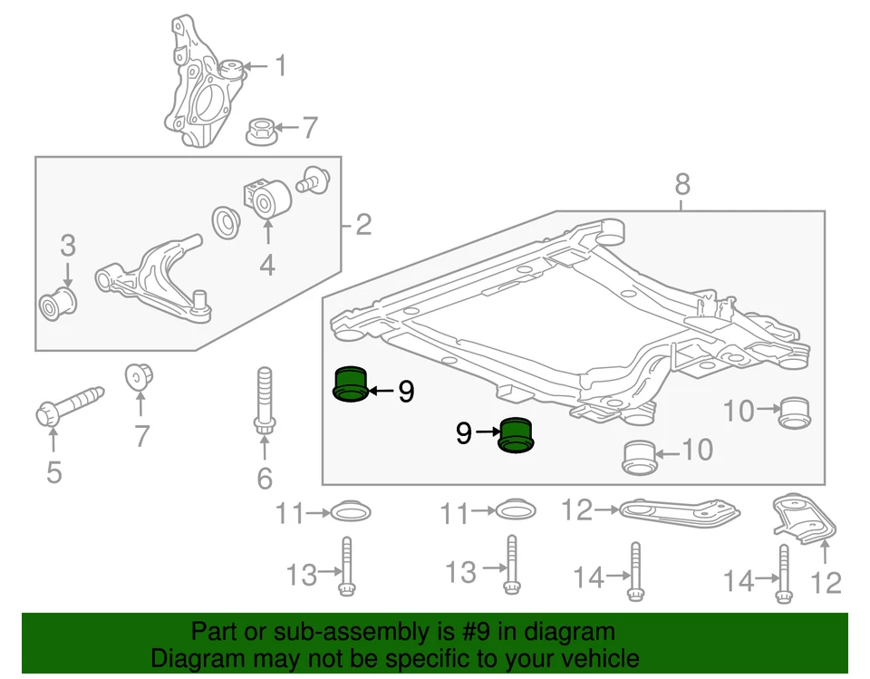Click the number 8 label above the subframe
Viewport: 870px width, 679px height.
coord(682,185)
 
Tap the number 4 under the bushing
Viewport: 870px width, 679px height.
coord(267,266)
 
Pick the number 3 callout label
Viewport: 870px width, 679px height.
coord(68,246)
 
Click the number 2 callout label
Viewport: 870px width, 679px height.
coord(363,224)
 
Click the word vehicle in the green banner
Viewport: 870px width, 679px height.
coord(594,658)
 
